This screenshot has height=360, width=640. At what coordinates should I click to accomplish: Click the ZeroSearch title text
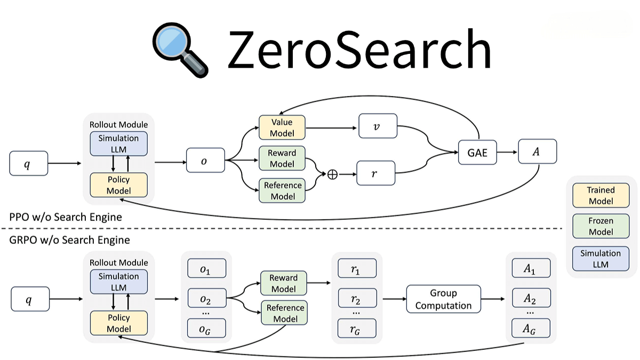[x=358, y=49]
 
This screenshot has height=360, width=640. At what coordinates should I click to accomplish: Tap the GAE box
[x=477, y=152]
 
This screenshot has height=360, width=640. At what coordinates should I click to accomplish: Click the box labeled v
[x=378, y=127]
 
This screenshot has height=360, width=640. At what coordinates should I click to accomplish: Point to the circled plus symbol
[x=332, y=174]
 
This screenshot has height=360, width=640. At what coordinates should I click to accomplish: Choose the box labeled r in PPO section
[x=376, y=174]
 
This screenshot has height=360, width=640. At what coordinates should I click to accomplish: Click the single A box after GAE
[x=537, y=151]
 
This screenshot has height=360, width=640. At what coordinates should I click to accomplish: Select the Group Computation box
[x=443, y=300]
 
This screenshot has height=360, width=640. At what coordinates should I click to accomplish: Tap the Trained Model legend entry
[x=601, y=196]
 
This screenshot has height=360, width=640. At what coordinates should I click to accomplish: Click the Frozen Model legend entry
[x=601, y=227]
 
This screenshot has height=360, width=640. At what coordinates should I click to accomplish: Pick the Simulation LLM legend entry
[x=601, y=259]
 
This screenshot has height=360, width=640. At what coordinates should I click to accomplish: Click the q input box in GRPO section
[x=30, y=299]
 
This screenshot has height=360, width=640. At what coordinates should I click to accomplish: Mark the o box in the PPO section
[x=205, y=159]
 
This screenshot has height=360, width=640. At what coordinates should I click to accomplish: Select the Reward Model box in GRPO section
[x=283, y=283]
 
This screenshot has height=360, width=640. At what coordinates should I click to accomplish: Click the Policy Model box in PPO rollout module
[x=118, y=185]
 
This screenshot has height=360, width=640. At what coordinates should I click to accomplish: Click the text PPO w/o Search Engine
[x=66, y=217]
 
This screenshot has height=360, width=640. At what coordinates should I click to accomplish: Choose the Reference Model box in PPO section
[x=282, y=191]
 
